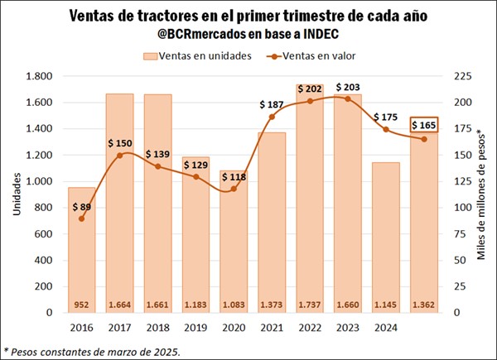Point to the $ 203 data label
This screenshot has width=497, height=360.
point(349,86)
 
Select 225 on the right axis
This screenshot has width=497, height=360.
point(459,76)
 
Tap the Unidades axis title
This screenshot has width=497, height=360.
point(16,195)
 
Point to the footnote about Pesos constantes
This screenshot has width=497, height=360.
point(91,351)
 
